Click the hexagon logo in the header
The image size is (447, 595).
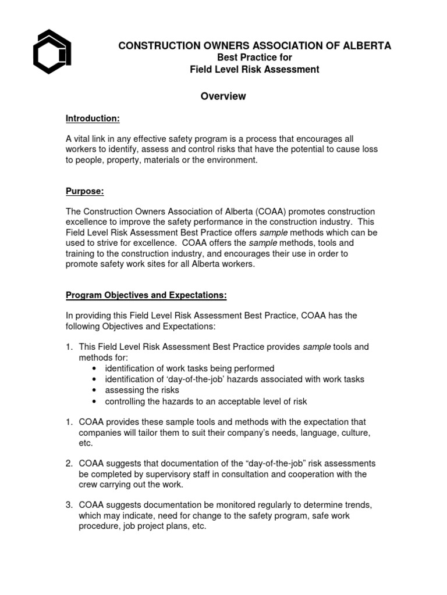(52, 52)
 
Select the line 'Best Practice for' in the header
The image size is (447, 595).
(254, 58)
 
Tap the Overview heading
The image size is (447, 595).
(223, 96)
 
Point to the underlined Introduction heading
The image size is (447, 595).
(93, 119)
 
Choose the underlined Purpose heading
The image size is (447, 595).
(84, 191)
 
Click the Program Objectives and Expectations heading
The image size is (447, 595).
(146, 295)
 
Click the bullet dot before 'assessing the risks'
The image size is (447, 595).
(95, 390)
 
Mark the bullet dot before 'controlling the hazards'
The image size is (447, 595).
(95, 402)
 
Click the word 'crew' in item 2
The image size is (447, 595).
(89, 485)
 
